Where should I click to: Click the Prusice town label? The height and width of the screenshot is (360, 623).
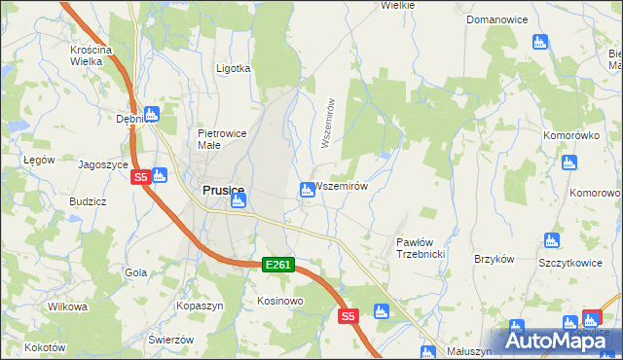click(x=223, y=192)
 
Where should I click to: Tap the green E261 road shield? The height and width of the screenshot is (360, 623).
click(x=277, y=264)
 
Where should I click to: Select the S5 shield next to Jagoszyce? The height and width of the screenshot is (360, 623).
click(x=140, y=177)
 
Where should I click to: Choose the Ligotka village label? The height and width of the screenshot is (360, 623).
click(x=233, y=69)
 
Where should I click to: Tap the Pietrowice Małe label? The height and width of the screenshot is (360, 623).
click(x=222, y=139)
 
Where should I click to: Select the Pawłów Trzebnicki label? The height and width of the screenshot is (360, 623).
click(x=421, y=247)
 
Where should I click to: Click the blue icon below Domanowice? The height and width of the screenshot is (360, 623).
click(x=541, y=41)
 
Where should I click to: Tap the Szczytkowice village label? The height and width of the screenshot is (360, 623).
click(x=567, y=264)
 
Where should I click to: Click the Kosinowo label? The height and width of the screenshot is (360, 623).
click(x=280, y=301)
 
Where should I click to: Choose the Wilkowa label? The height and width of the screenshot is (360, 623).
click(x=67, y=306)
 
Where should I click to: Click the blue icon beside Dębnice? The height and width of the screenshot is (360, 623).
click(x=151, y=114)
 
